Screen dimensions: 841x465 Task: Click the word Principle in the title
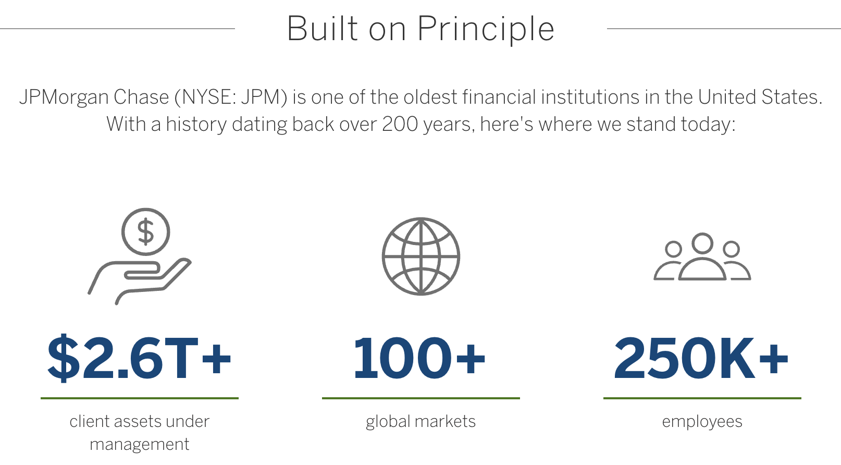486,29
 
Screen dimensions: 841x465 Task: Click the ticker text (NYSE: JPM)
230,97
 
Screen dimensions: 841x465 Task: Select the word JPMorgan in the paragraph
65,97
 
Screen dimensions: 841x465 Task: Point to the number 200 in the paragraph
400,124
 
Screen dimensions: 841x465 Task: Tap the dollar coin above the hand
146,232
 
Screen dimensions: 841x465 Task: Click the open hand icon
140,282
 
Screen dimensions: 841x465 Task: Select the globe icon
421,256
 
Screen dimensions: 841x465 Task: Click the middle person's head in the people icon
702,243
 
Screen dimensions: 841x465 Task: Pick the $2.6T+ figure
139,358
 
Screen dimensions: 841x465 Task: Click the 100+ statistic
419,358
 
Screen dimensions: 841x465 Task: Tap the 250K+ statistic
701,358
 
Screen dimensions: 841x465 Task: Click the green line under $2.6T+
140,398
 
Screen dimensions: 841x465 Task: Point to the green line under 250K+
702,398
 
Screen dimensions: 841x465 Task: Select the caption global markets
421,422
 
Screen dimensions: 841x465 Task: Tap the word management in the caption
139,445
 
